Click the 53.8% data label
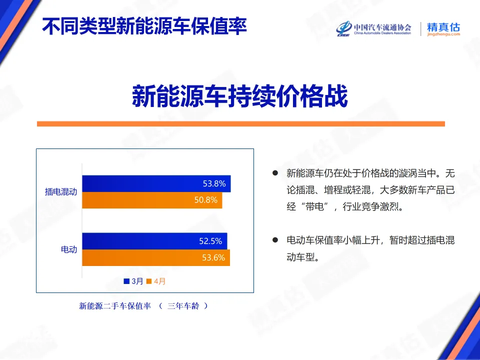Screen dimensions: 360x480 point(214,183)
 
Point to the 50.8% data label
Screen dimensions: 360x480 point(206,200)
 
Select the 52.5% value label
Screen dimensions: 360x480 point(210,241)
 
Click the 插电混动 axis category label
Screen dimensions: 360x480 point(61,191)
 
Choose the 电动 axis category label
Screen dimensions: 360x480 point(69,249)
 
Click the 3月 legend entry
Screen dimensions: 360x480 point(134,281)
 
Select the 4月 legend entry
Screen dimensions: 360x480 point(157,281)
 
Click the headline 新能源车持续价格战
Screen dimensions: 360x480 point(239,96)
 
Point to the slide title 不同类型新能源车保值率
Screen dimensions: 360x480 point(144,26)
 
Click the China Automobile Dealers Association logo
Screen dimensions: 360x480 point(373,29)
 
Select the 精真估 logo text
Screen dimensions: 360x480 point(443,28)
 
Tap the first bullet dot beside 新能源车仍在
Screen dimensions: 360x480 point(274,173)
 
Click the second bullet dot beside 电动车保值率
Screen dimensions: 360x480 point(274,240)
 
